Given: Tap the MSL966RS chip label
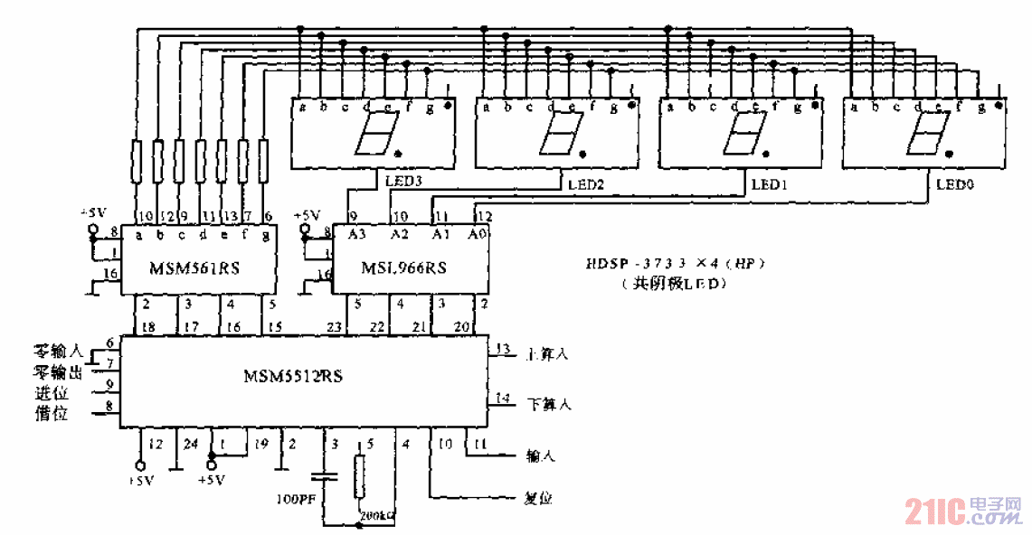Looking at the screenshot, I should point(403,268).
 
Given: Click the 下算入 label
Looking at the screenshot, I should point(548,404).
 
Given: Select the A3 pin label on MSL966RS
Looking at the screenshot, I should point(357,234).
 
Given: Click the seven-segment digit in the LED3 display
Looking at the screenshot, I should point(373,135).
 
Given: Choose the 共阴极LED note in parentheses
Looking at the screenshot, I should point(675,284).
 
